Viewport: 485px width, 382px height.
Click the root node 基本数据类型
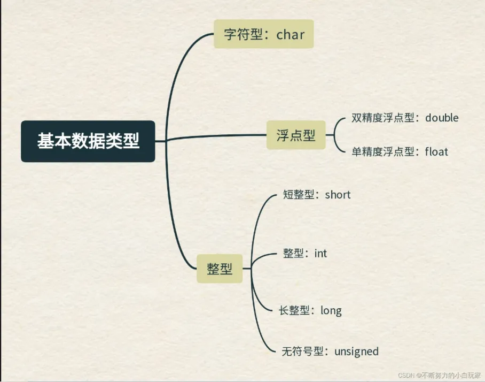(x=88, y=141)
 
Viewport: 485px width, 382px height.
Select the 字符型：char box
(x=263, y=35)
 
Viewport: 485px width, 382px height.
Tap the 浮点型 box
(x=296, y=135)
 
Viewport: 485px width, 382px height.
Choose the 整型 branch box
(x=220, y=268)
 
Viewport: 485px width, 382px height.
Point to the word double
(x=442, y=118)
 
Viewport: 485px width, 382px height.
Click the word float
(x=436, y=152)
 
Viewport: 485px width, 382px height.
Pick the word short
(x=338, y=195)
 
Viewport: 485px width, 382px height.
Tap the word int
(x=320, y=253)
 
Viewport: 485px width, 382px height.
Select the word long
(x=331, y=310)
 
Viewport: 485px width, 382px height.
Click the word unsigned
(x=356, y=352)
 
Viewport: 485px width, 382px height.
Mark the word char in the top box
(x=291, y=35)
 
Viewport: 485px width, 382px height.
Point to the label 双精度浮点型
(x=383, y=118)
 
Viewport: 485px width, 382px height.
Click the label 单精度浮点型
(x=383, y=152)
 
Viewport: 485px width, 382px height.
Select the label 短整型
(x=300, y=195)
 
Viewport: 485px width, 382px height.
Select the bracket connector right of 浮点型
(x=335, y=135)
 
